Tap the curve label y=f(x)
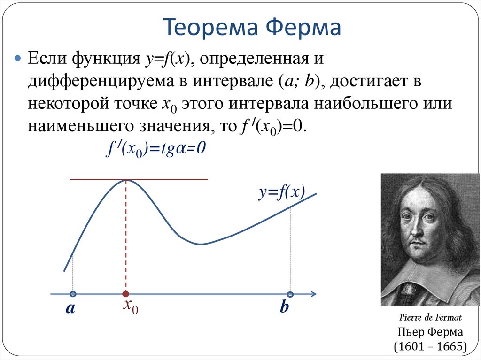[281, 192]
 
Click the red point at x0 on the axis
[125, 294]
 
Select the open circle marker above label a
[73, 294]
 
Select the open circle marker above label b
[290, 294]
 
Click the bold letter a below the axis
[70, 308]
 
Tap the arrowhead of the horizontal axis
[313, 294]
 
